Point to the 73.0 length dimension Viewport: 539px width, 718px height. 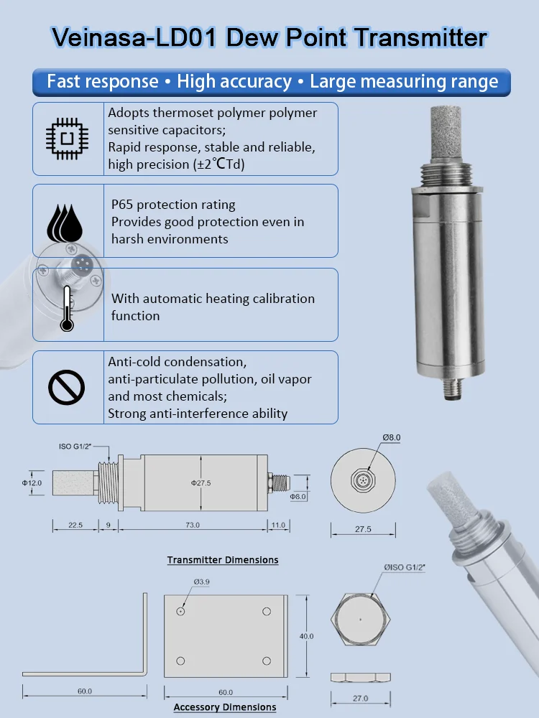192,526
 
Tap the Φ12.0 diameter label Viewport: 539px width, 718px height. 32,483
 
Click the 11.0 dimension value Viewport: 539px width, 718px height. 277,526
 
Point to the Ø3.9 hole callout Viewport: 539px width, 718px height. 201,582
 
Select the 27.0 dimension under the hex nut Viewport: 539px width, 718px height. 360,698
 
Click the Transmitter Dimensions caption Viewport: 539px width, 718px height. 223,560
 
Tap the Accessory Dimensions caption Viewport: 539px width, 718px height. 225,707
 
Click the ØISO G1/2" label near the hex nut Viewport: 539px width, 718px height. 405,567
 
